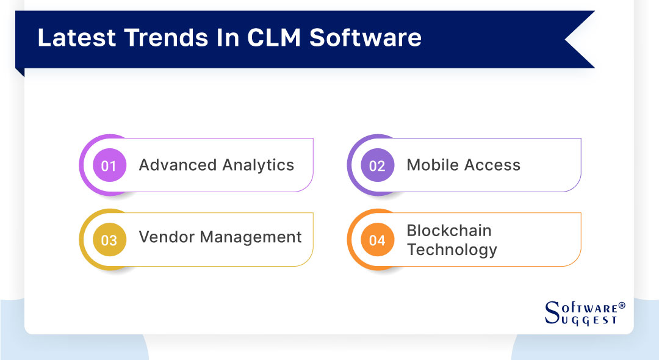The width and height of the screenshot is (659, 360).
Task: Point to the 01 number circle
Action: click(109, 165)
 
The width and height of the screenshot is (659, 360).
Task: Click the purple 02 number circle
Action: click(377, 165)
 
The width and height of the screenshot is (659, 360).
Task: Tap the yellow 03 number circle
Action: click(109, 240)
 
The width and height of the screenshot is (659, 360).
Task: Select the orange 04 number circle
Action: click(377, 240)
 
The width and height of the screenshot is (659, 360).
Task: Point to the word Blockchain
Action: click(449, 231)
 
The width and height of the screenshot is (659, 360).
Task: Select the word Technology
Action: click(452, 250)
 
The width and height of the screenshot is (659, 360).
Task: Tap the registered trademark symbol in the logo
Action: click(622, 304)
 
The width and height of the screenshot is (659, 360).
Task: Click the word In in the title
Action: click(229, 38)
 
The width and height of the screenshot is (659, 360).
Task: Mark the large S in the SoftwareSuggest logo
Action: click(552, 312)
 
